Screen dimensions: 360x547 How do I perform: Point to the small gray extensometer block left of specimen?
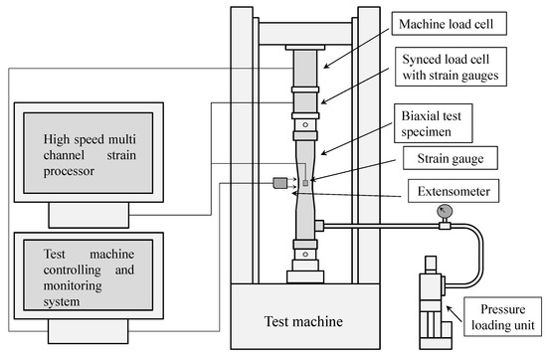click(x=278, y=181)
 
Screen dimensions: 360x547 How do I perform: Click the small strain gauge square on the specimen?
click(x=306, y=181)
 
